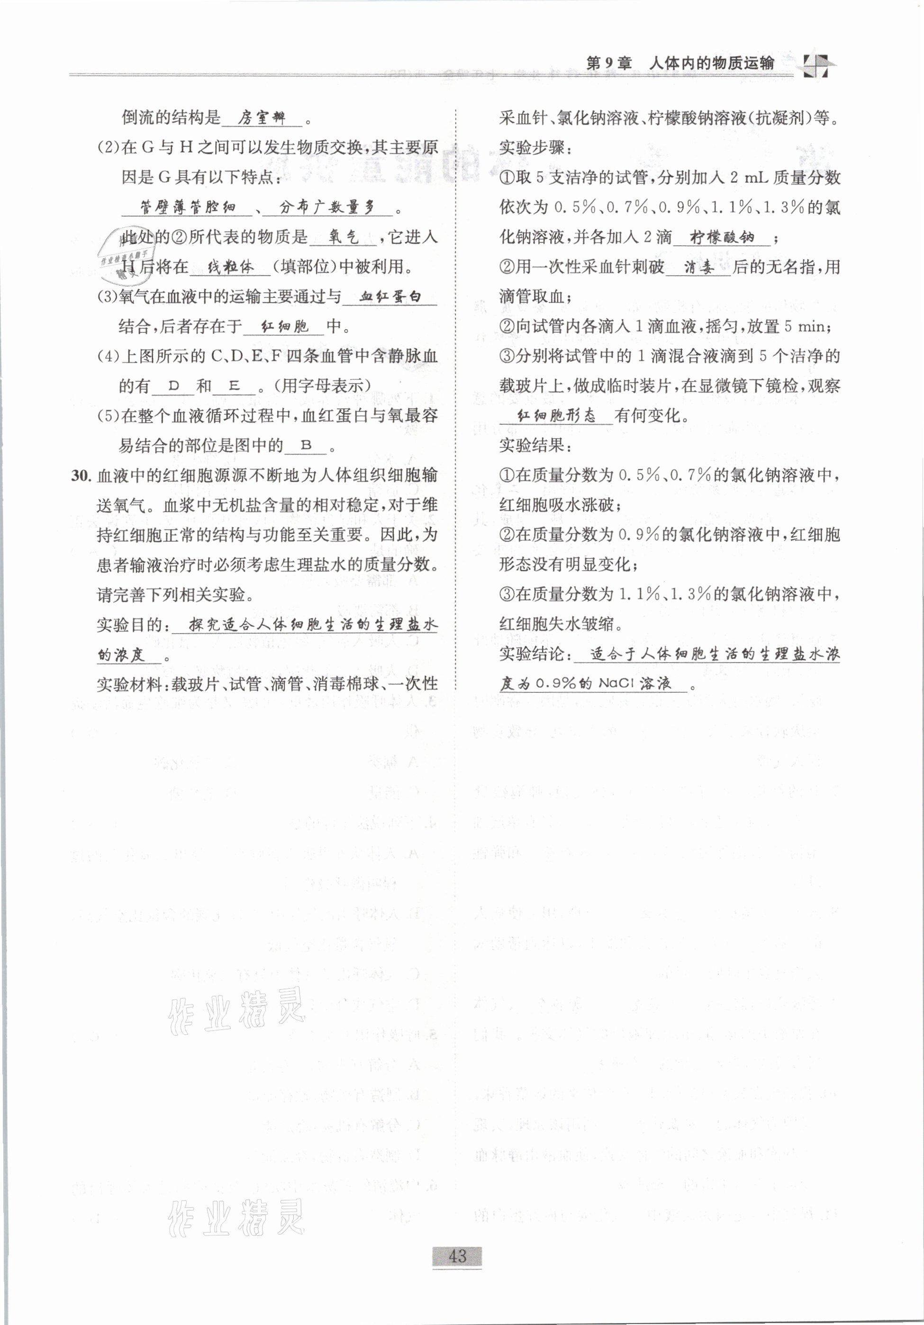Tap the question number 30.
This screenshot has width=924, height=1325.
81,475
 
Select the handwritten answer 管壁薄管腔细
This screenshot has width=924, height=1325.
188,207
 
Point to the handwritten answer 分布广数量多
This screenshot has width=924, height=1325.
327,207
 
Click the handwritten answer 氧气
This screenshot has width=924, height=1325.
344,237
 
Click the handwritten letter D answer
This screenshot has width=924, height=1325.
173,386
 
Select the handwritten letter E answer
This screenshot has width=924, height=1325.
234,386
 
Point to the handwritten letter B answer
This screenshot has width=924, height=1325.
307,446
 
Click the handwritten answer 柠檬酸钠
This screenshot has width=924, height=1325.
722,237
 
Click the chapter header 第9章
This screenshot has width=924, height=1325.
609,63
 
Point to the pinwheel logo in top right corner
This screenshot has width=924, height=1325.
816,64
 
